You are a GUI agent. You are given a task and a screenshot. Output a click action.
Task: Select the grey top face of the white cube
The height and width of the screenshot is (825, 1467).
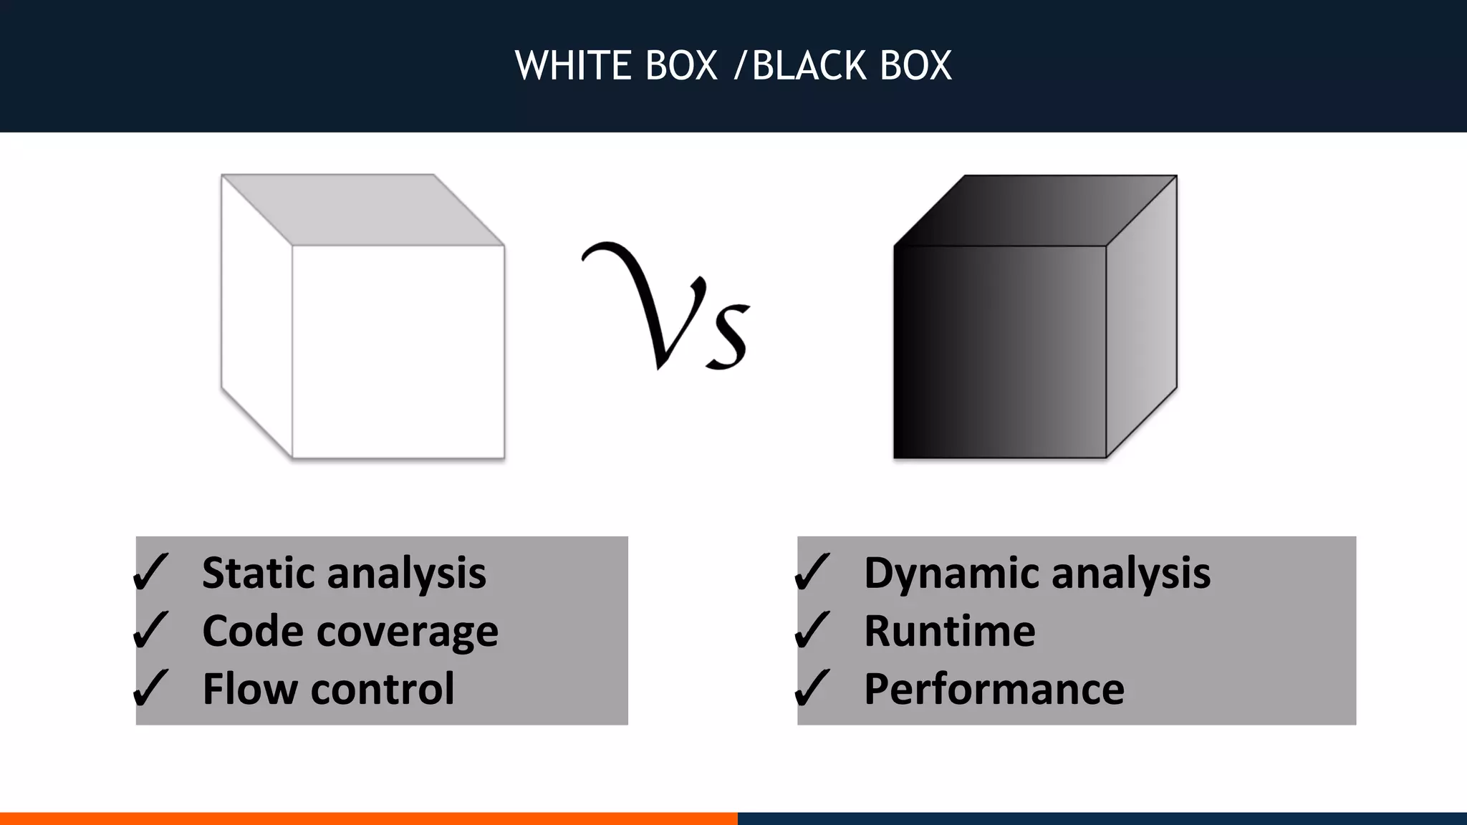click(x=362, y=210)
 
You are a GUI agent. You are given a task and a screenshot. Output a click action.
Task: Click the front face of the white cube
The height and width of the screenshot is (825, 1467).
click(x=398, y=352)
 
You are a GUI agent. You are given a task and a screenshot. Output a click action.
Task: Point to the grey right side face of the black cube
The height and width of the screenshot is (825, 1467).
click(x=1141, y=315)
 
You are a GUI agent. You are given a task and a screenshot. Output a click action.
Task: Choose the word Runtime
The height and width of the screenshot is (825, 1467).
click(x=950, y=631)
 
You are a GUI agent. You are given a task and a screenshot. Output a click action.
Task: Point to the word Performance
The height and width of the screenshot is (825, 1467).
click(x=994, y=689)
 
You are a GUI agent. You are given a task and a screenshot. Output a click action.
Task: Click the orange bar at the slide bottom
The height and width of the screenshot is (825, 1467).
click(x=368, y=818)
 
